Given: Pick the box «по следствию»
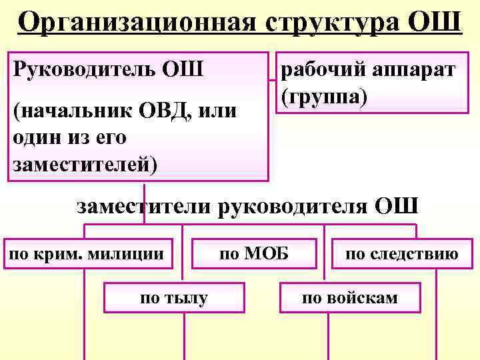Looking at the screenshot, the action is click(401, 253).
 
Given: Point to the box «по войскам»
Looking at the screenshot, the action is click(350, 297).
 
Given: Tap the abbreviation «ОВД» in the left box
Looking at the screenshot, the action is click(161, 110).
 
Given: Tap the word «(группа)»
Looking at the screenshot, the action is click(324, 95).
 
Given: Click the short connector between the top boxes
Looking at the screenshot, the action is click(273, 81).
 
